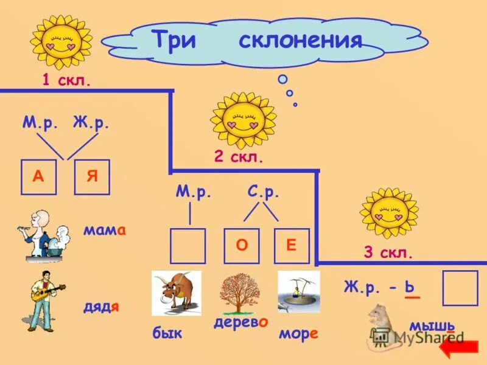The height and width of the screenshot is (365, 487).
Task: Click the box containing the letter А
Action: pos(39,177)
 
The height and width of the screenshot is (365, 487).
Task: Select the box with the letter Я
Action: pos(92,177)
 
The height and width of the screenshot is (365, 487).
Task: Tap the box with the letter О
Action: pos(242,246)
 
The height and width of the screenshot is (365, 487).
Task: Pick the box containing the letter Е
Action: pos(292,246)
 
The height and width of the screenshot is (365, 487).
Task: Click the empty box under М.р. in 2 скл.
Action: pos(187,246)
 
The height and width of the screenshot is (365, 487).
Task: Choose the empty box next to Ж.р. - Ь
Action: pos(460,288)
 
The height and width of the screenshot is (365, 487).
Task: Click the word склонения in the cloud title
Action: pos(300,41)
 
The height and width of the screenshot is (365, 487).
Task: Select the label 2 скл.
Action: pos(239,158)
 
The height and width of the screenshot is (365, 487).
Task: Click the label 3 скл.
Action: pos(388,253)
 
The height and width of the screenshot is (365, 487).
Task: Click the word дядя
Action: pos(101,306)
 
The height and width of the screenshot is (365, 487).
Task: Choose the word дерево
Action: pos(240,322)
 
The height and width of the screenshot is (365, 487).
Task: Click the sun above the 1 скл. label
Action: pos(61,41)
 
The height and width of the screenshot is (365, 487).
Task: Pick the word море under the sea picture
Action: pos(298,334)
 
